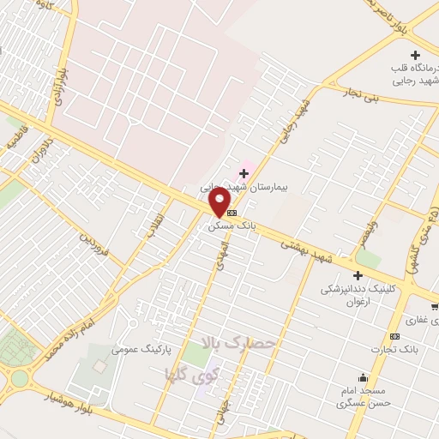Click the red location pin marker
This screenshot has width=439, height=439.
(220, 202)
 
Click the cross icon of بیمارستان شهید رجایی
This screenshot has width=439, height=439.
(244, 173)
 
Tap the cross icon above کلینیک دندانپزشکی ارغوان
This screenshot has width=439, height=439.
(358, 275)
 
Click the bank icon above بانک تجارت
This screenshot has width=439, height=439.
(394, 336)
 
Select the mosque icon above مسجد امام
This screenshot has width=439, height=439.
(364, 377)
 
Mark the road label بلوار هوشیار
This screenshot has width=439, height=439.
(71, 405)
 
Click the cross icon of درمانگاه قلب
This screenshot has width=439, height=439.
(416, 55)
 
